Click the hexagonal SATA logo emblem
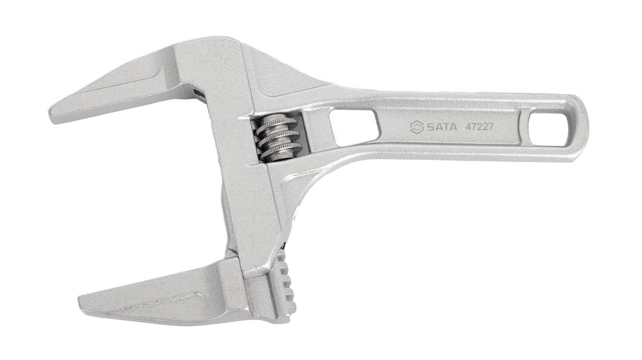click(416, 127)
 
